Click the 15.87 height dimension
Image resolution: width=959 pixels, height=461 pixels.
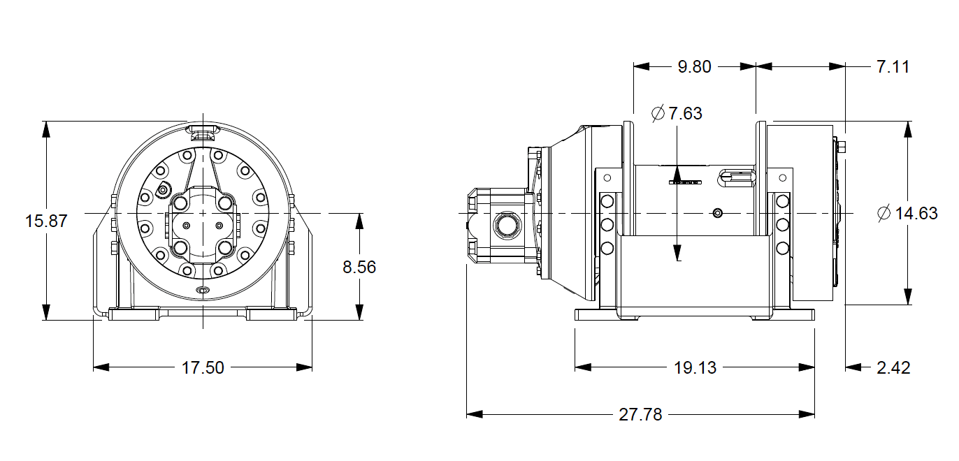46,221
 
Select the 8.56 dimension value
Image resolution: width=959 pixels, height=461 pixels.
359,267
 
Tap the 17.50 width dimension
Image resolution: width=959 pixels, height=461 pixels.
203,367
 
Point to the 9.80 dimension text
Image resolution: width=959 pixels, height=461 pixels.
694,67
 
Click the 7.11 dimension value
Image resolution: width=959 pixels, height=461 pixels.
893,67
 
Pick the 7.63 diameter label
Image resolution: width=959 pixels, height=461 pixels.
685,113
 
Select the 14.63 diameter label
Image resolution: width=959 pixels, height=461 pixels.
916,214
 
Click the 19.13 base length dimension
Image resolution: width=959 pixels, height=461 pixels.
695,367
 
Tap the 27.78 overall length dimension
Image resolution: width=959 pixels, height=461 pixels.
640,415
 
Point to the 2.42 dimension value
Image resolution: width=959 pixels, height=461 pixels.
893,367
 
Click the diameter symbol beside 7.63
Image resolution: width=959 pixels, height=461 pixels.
658,113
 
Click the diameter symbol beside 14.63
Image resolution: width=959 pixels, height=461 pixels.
884,214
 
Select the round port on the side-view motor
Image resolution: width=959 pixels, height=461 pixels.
504,225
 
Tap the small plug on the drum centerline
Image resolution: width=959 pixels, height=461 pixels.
717,212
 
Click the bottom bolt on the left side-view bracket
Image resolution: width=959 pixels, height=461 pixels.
607,247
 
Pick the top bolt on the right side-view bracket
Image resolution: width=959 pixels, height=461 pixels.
783,202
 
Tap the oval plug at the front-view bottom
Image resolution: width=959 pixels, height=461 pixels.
203,290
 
